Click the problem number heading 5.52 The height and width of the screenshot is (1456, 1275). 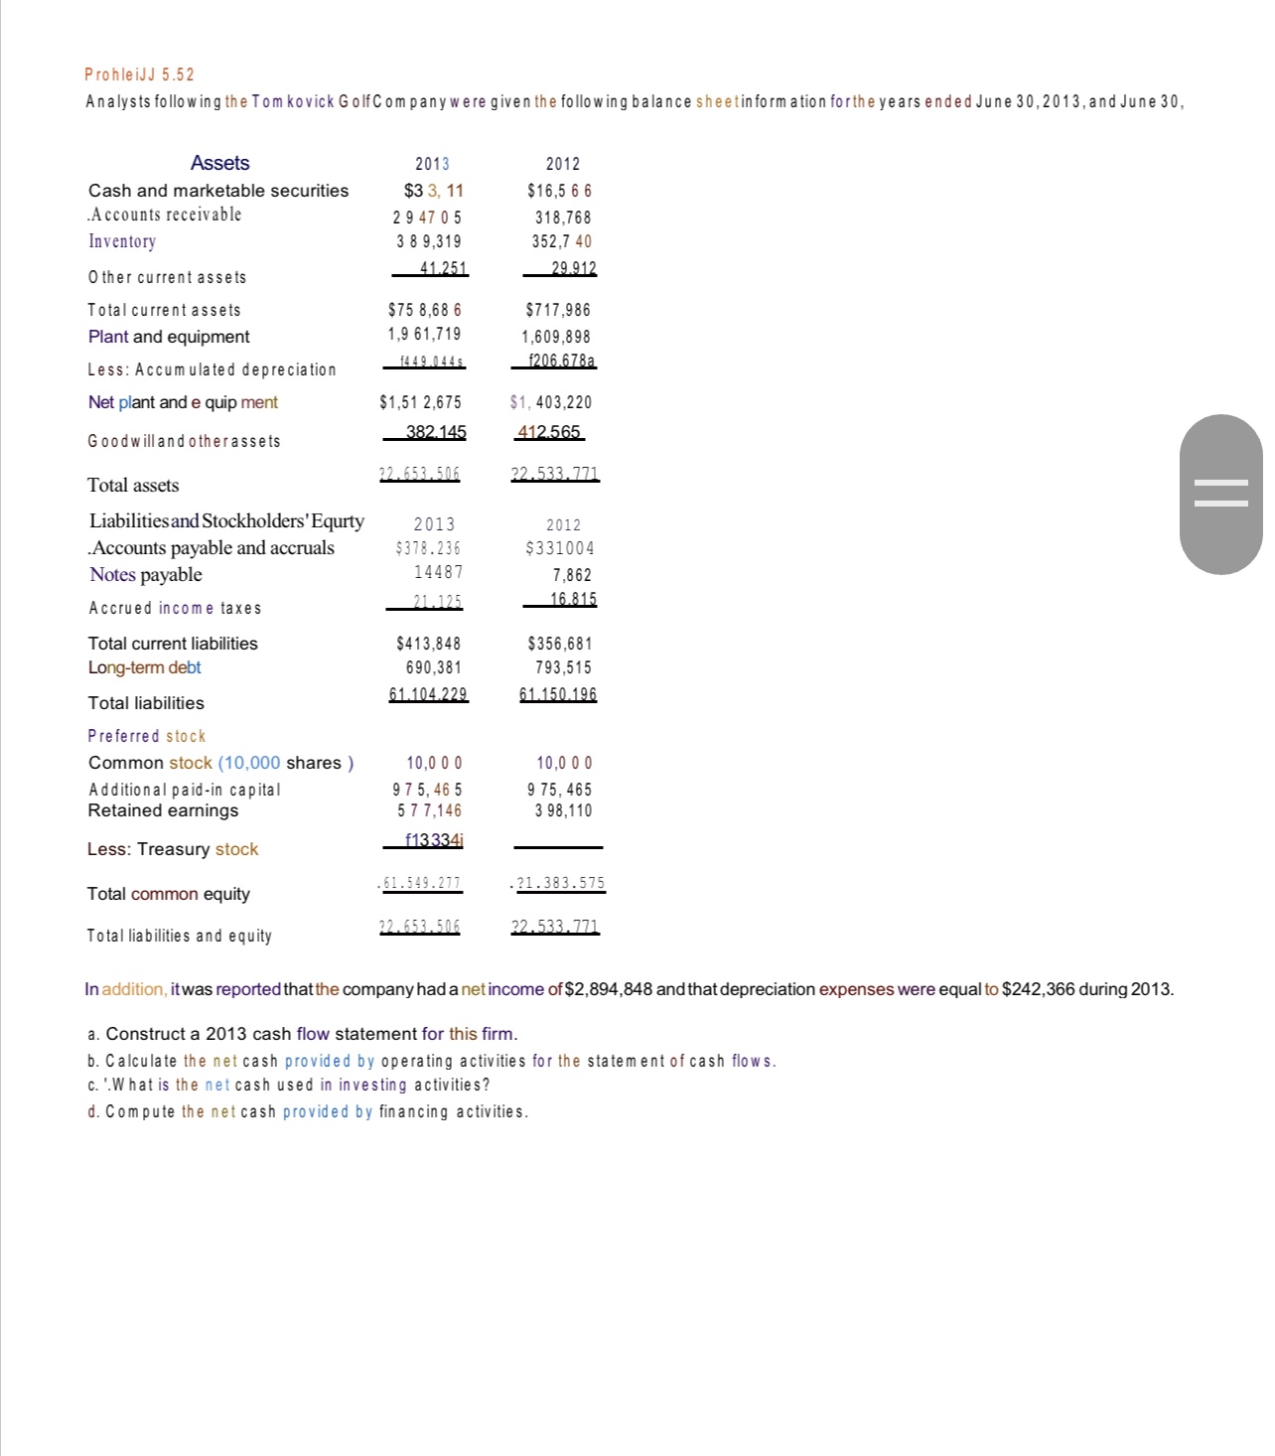click(140, 74)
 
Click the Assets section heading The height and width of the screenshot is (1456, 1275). click(219, 163)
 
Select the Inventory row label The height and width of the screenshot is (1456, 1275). click(122, 241)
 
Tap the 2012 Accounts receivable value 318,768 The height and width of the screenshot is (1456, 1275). click(562, 217)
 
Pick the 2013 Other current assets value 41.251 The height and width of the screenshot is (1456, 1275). click(430, 268)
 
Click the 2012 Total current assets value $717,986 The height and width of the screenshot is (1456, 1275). click(558, 310)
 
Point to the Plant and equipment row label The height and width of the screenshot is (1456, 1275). click(169, 337)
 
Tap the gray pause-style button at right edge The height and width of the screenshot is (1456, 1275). click(1220, 494)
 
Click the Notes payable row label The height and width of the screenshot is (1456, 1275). click(145, 575)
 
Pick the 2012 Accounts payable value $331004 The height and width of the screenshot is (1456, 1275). click(560, 548)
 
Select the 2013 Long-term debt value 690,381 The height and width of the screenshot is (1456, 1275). click(433, 667)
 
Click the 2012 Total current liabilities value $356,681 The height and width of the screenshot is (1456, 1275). click(560, 644)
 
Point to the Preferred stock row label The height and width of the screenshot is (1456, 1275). click(147, 736)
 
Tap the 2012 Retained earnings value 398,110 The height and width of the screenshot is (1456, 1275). click(562, 810)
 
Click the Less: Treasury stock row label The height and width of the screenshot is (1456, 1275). click(173, 849)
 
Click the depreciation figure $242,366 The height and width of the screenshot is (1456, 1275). click(1039, 989)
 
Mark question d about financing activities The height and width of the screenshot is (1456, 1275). click(308, 1111)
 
